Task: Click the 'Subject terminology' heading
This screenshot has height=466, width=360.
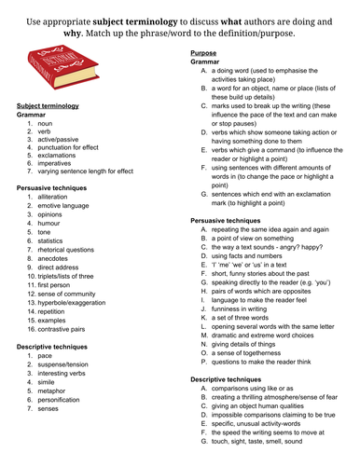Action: click(x=48, y=106)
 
